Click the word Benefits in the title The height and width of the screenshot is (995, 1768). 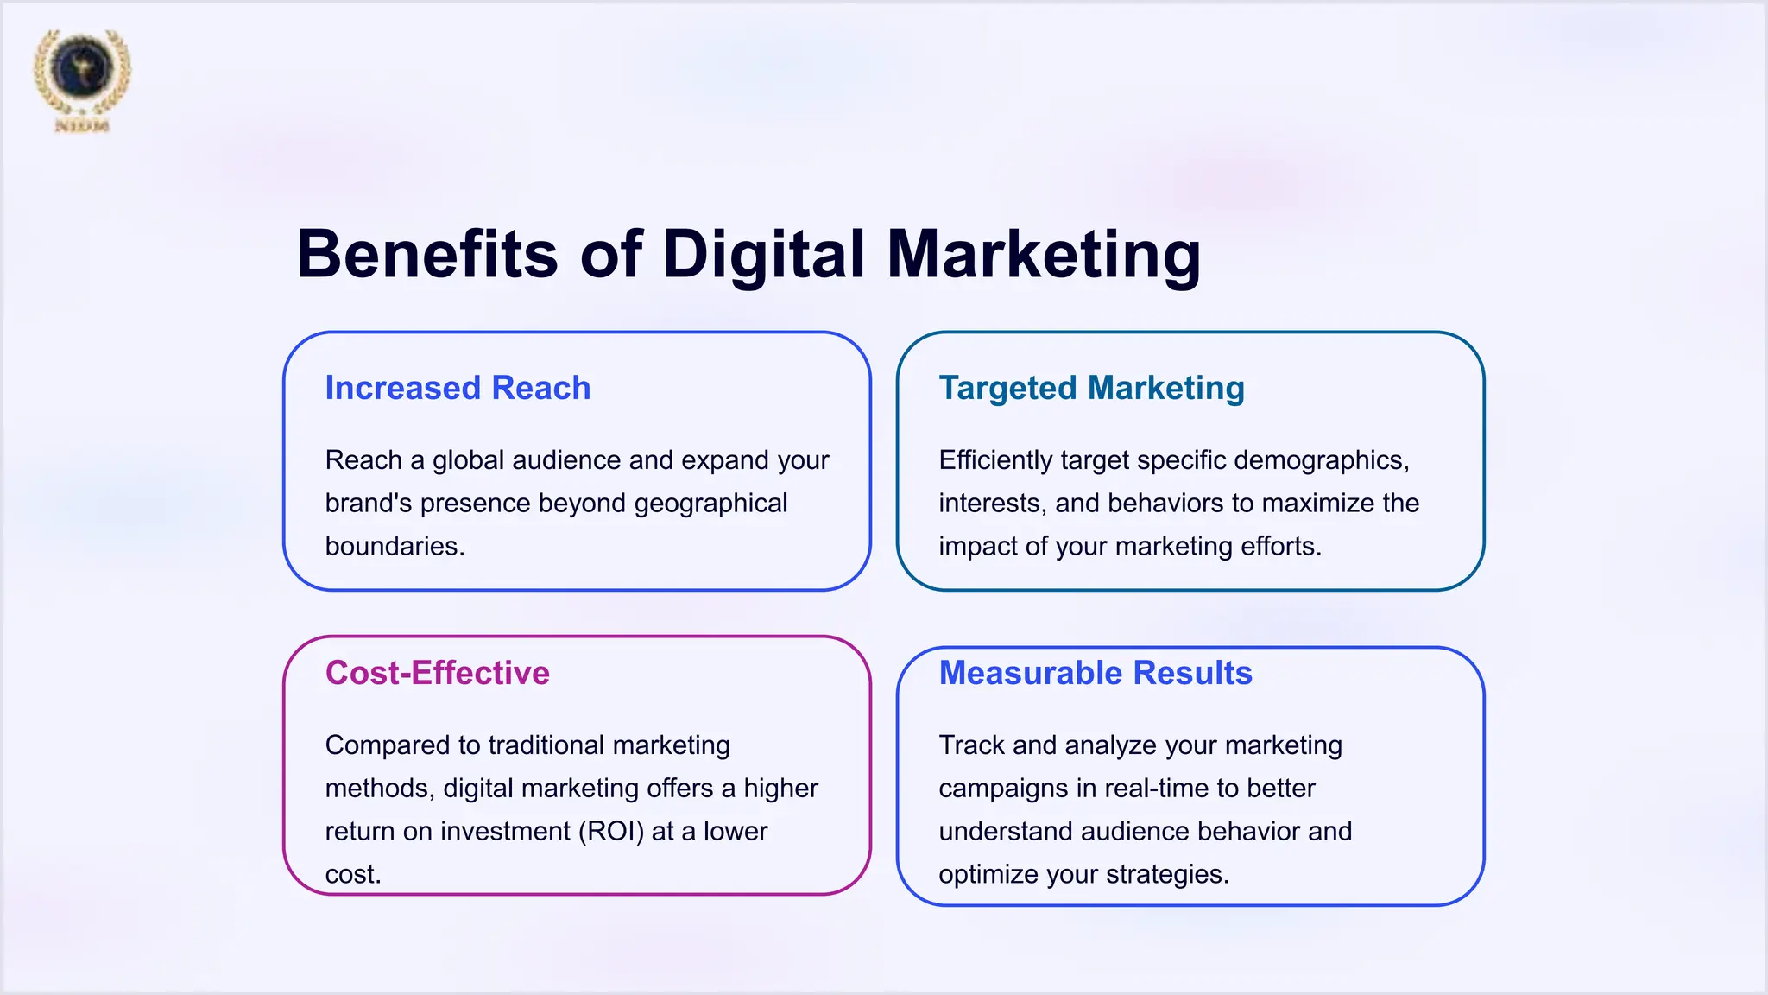pyautogui.click(x=427, y=255)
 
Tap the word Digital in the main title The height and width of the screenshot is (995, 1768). pyautogui.click(x=763, y=255)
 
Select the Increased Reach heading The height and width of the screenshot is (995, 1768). pyautogui.click(x=458, y=389)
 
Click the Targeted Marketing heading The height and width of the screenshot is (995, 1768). pyautogui.click(x=1091, y=389)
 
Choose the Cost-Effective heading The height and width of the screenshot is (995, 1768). pyautogui.click(x=437, y=673)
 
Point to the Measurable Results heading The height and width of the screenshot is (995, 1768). pyautogui.click(x=1095, y=673)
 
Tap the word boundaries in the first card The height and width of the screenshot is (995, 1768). pyautogui.click(x=395, y=547)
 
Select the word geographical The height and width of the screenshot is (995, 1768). pyautogui.click(x=710, y=504)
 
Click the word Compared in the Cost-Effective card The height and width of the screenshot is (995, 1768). pyautogui.click(x=380, y=745)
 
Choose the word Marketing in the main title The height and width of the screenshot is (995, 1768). pyautogui.click(x=1044, y=255)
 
